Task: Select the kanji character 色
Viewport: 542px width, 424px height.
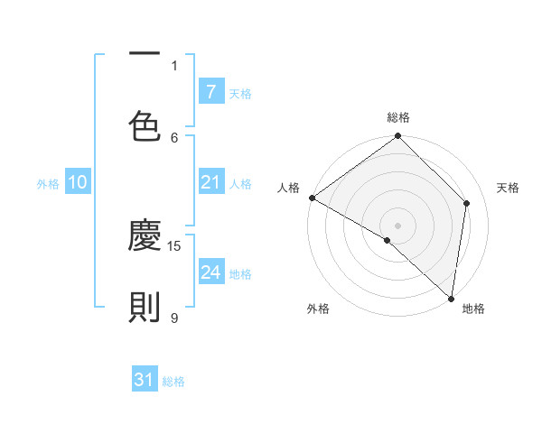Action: pos(145,125)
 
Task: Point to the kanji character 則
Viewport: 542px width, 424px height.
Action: pos(145,308)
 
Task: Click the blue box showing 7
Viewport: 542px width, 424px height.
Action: pos(210,92)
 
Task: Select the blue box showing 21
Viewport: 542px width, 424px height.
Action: pos(210,182)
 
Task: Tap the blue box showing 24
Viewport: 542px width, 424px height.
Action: pos(210,272)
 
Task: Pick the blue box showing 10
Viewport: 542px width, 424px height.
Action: pos(78,182)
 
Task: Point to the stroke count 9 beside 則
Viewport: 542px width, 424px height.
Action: pos(174,317)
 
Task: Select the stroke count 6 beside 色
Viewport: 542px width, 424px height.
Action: pos(174,136)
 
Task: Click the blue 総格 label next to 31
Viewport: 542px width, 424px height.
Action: pos(173,381)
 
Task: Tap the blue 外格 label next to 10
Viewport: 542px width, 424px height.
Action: pos(48,183)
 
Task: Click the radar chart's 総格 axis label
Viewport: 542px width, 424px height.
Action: pos(398,117)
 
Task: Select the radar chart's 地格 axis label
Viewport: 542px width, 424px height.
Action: pos(473,309)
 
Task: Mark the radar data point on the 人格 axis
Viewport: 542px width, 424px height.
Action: pos(312,198)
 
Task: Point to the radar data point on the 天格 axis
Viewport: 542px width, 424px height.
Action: pos(467,203)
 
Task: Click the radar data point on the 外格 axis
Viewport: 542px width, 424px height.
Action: pos(388,240)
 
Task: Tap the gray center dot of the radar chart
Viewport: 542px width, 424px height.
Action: pos(398,225)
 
